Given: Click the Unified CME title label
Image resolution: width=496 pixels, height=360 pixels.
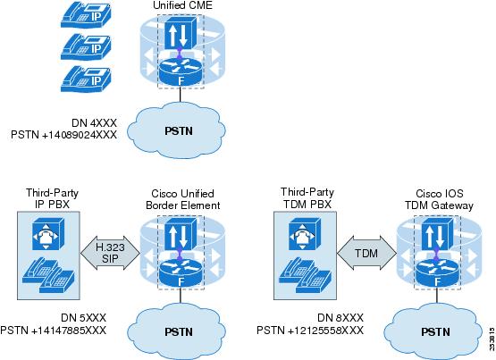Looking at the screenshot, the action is [182, 5].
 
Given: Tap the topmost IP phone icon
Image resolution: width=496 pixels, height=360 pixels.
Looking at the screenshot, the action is [86, 15].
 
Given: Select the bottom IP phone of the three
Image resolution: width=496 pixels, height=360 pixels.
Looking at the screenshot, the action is [86, 79].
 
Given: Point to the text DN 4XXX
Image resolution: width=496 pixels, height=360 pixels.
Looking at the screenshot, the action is [94, 122].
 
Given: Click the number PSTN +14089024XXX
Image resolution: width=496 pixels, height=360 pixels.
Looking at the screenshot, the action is [63, 135].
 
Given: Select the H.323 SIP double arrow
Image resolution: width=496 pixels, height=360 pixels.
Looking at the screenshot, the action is [110, 253].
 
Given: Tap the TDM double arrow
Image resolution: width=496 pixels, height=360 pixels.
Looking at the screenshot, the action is [366, 253].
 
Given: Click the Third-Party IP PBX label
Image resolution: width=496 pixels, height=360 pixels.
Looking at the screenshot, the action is [52, 198].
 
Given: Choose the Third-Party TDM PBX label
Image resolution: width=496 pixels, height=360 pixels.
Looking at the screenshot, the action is [307, 197].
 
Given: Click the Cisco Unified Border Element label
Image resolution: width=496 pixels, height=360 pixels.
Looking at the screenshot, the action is [183, 199].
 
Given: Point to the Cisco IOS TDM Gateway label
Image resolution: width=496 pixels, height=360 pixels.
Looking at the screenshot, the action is [440, 199].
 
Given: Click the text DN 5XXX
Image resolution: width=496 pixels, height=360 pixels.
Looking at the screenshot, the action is [83, 318].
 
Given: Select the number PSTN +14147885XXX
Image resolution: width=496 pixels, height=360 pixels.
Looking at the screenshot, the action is [53, 331].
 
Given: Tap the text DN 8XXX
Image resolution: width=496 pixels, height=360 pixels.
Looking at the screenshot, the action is [340, 318].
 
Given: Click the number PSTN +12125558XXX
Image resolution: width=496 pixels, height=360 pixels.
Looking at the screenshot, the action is [310, 331].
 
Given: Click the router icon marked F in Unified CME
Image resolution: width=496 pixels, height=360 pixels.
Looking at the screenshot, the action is [181, 72].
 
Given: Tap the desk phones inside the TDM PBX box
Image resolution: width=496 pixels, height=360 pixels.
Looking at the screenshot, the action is [305, 274].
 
